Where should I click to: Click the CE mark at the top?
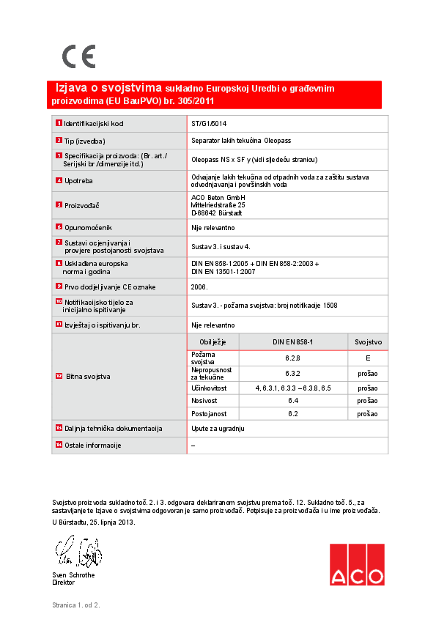78,56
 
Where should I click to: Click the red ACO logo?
356,564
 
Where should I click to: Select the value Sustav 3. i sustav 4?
221,248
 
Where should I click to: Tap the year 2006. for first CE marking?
199,287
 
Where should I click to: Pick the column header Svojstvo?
368,342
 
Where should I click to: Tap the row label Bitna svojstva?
88,376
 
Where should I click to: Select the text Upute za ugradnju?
217,428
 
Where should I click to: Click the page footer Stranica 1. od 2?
75,605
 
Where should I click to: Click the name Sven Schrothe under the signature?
73,575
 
